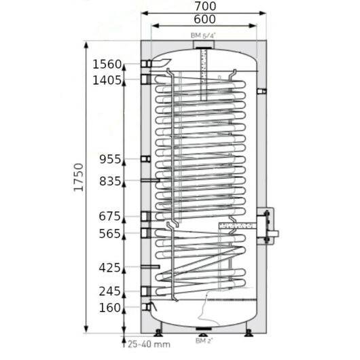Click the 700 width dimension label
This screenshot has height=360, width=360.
coord(205,6)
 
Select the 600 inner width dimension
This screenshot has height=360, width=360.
coord(204,19)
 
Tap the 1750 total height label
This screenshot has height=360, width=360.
coord(78,177)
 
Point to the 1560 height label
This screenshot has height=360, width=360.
coord(107,65)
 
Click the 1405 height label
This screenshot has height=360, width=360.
coord(107,80)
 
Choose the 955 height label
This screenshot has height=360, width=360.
coord(110,159)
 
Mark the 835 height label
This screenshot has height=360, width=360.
coord(110,181)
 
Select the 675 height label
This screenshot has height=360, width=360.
coord(109,216)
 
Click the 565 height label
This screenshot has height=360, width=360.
coord(109,234)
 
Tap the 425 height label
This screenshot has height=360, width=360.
coord(109,268)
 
